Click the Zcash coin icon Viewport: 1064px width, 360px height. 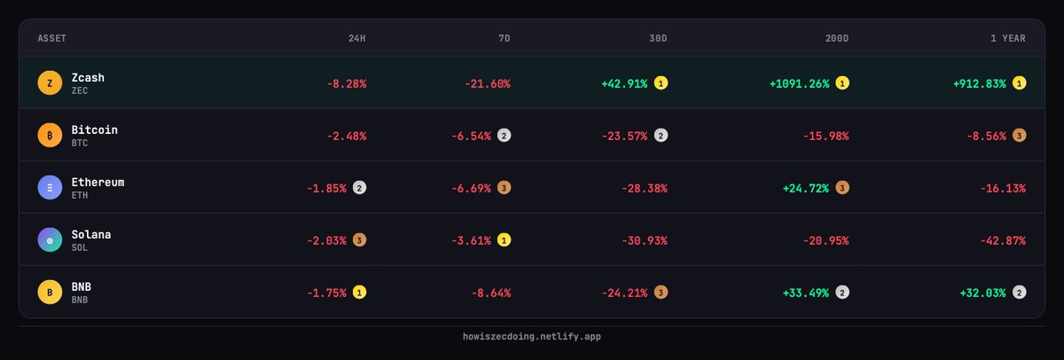(x=50, y=83)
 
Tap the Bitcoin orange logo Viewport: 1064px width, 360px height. (x=50, y=136)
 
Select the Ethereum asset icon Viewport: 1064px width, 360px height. (x=50, y=188)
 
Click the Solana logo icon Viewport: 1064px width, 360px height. (x=50, y=240)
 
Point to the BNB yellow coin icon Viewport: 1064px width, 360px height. (x=50, y=293)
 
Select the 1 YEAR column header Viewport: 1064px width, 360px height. (x=1008, y=39)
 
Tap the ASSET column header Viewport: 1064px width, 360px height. (x=52, y=39)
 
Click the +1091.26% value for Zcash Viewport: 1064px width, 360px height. (x=799, y=84)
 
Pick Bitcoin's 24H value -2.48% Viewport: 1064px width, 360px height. (x=347, y=137)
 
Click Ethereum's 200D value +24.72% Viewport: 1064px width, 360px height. (x=805, y=189)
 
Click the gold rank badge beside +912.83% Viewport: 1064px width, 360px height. (x=1020, y=83)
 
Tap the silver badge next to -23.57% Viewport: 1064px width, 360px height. (x=661, y=136)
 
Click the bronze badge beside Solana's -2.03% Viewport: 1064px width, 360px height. (x=359, y=240)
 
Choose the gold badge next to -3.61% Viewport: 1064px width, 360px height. (x=504, y=240)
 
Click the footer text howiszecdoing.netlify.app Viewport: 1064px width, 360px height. (x=532, y=337)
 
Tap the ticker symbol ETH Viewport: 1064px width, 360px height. (x=80, y=195)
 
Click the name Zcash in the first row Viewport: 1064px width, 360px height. (x=88, y=77)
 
